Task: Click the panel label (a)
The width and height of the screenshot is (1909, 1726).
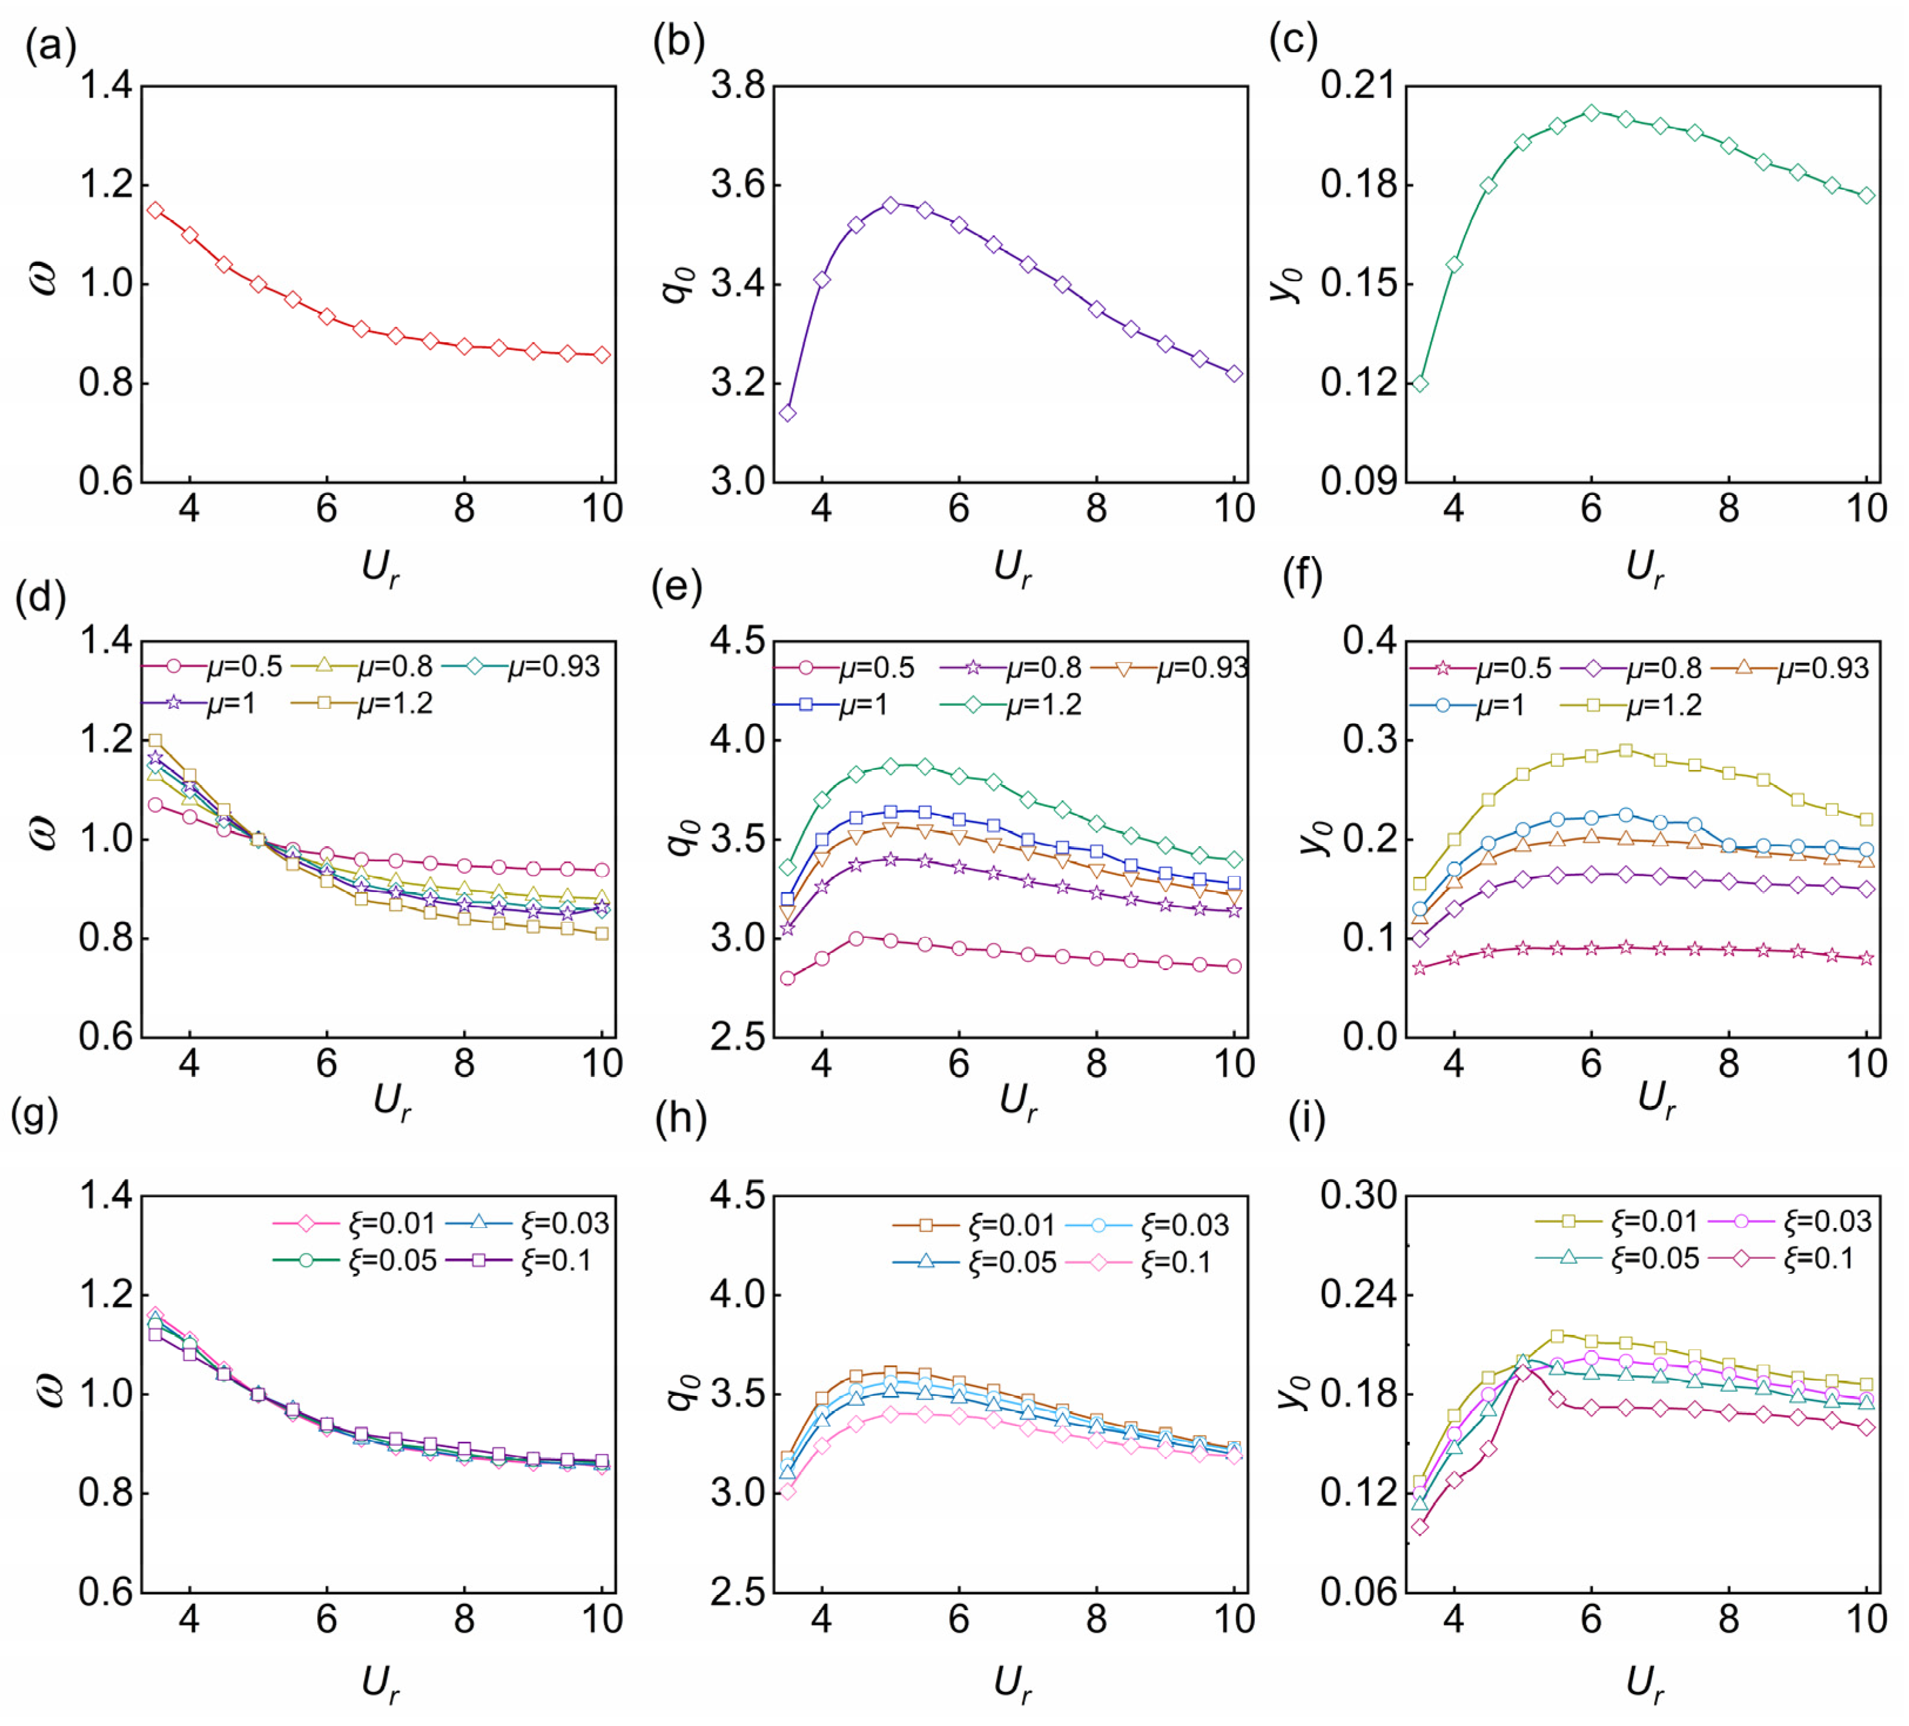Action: point(50,45)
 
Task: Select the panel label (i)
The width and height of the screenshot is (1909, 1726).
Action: point(1307,1119)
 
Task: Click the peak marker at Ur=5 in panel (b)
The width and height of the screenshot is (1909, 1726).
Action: point(890,204)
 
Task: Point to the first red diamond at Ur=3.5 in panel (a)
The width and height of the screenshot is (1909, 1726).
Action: point(155,210)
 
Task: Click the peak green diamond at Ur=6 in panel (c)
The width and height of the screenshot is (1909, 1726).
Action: point(1591,113)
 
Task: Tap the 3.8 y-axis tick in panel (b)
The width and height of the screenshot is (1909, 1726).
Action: point(738,87)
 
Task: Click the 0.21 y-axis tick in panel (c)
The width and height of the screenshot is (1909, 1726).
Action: point(1359,87)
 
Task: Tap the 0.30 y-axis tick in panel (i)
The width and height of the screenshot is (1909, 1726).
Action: point(1359,1196)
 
